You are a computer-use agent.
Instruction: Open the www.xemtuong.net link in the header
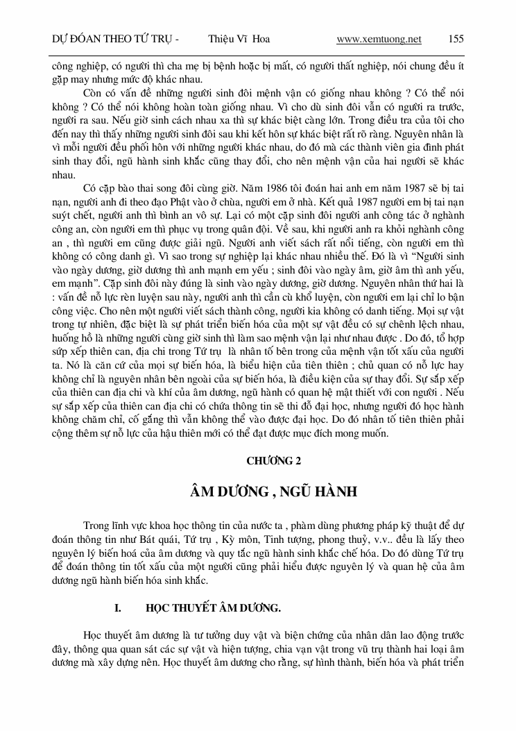(x=379, y=39)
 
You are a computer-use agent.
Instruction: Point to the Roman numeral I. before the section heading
(x=118, y=608)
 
